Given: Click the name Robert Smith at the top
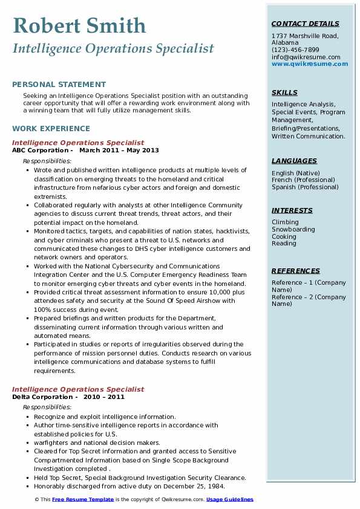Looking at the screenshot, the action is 79,25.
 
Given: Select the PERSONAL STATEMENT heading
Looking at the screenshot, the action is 59,85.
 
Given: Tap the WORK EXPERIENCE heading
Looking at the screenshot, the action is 51,128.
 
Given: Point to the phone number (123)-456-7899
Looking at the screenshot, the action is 295,50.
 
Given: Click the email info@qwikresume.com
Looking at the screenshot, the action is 306,57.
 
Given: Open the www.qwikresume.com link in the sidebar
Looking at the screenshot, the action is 310,63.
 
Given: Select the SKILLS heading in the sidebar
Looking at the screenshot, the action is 284,92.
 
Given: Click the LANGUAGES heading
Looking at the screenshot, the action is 294,161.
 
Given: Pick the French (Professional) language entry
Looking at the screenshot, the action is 305,180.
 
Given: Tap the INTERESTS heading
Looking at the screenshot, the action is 292,210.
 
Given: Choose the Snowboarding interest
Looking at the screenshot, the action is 293,230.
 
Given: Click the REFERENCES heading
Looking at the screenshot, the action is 296,271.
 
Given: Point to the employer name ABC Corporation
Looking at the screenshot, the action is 41,151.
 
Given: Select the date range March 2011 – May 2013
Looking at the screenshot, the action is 119,151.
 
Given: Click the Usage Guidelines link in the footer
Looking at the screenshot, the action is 230,500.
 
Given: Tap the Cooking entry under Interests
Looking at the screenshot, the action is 284,236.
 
